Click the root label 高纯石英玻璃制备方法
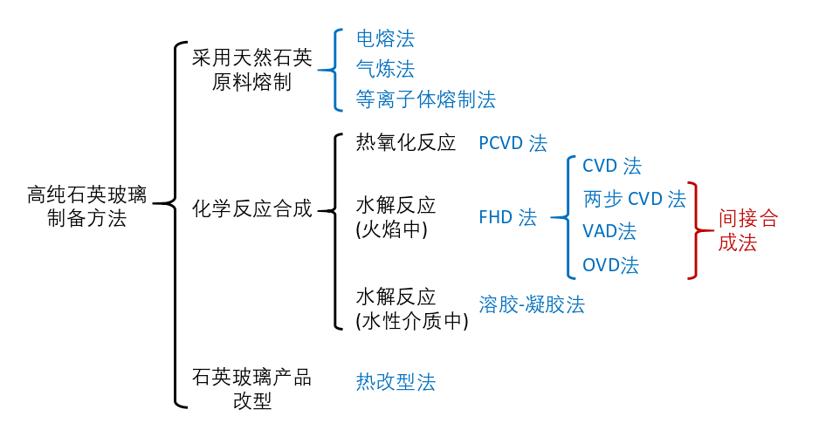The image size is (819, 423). click(x=86, y=206)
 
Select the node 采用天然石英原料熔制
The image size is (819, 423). click(x=251, y=71)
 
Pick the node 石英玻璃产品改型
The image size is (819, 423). click(x=251, y=389)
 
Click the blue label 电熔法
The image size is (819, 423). click(x=385, y=38)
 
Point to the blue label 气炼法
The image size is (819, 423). click(x=385, y=69)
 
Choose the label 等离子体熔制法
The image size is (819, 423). click(x=425, y=99)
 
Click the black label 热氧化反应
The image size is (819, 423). click(x=406, y=143)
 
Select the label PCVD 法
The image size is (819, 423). click(x=513, y=144)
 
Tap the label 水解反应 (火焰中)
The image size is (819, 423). click(x=396, y=217)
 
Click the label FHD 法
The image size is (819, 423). click(x=507, y=218)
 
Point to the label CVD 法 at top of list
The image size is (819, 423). click(x=611, y=166)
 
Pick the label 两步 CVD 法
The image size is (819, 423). click(x=634, y=199)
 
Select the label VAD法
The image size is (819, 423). click(x=609, y=232)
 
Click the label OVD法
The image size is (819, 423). click(x=610, y=265)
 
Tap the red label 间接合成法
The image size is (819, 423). click(x=747, y=230)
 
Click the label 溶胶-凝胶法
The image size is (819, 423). click(x=531, y=304)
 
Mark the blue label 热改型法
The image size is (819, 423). click(x=396, y=381)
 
